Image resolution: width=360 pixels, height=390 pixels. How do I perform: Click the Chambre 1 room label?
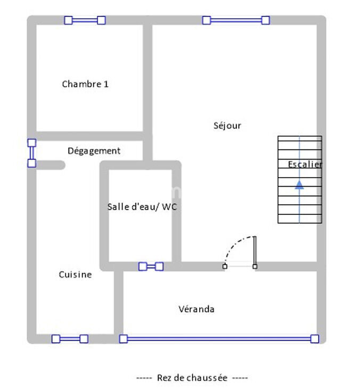pos(85,84)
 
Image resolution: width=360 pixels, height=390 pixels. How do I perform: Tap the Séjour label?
pos(227,126)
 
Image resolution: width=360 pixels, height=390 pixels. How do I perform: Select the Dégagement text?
pos(94,151)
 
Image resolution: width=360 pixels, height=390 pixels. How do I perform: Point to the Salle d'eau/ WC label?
pos(142,206)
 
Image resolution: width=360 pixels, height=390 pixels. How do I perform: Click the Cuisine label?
pos(75,275)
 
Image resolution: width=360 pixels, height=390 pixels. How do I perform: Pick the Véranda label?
pos(197,309)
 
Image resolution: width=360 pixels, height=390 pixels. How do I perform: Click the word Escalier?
pos(305,164)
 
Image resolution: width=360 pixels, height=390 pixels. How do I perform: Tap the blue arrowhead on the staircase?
pos(299,185)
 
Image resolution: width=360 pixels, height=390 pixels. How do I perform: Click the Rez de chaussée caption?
pos(192,378)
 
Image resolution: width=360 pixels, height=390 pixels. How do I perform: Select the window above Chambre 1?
pos(85,20)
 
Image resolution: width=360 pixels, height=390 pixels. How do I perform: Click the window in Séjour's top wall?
pos(236,20)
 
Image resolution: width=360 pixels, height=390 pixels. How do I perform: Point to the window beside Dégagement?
pos(31,153)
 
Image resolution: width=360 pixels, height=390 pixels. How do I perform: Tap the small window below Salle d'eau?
pos(151,267)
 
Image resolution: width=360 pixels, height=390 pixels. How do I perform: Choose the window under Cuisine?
pos(70,339)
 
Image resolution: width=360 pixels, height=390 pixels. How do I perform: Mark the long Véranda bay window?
pos(219,339)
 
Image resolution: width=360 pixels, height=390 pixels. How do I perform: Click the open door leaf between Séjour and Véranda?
pos(255,251)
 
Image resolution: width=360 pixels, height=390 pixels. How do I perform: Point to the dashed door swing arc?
pos(234,244)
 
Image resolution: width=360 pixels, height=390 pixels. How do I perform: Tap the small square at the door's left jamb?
pos(225,267)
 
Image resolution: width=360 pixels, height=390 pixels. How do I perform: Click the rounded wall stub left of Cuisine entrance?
pos(51,165)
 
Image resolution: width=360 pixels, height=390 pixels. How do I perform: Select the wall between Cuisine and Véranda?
pos(119,302)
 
